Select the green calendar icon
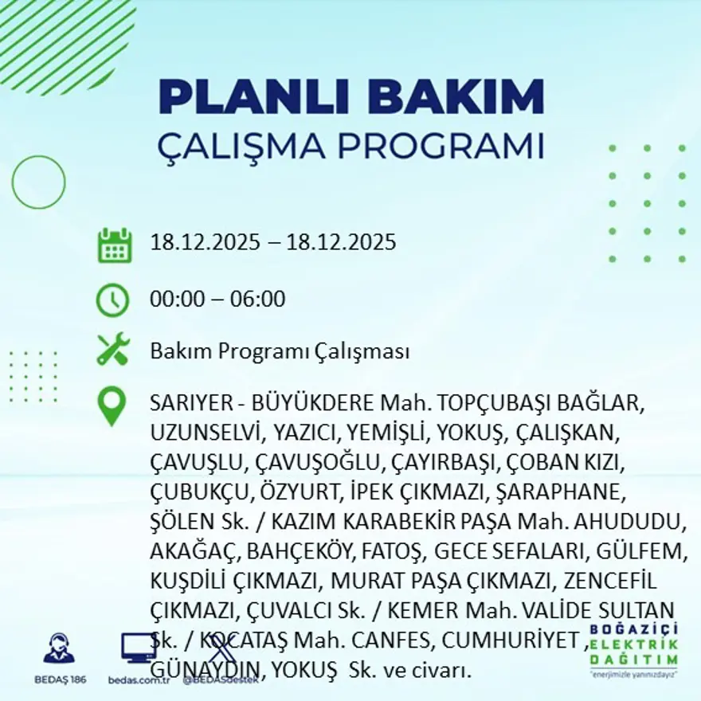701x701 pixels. [x=114, y=245]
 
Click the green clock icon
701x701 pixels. [x=112, y=300]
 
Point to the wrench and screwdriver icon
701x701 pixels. [x=113, y=350]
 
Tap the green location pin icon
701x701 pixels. [x=112, y=405]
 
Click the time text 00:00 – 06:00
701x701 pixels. [x=217, y=300]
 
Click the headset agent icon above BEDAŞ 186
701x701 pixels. [x=59, y=648]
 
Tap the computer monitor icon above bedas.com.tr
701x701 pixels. [x=138, y=647]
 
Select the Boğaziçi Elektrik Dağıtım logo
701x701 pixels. [x=635, y=648]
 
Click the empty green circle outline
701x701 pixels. [x=39, y=182]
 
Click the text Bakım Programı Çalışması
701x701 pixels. [x=280, y=351]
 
